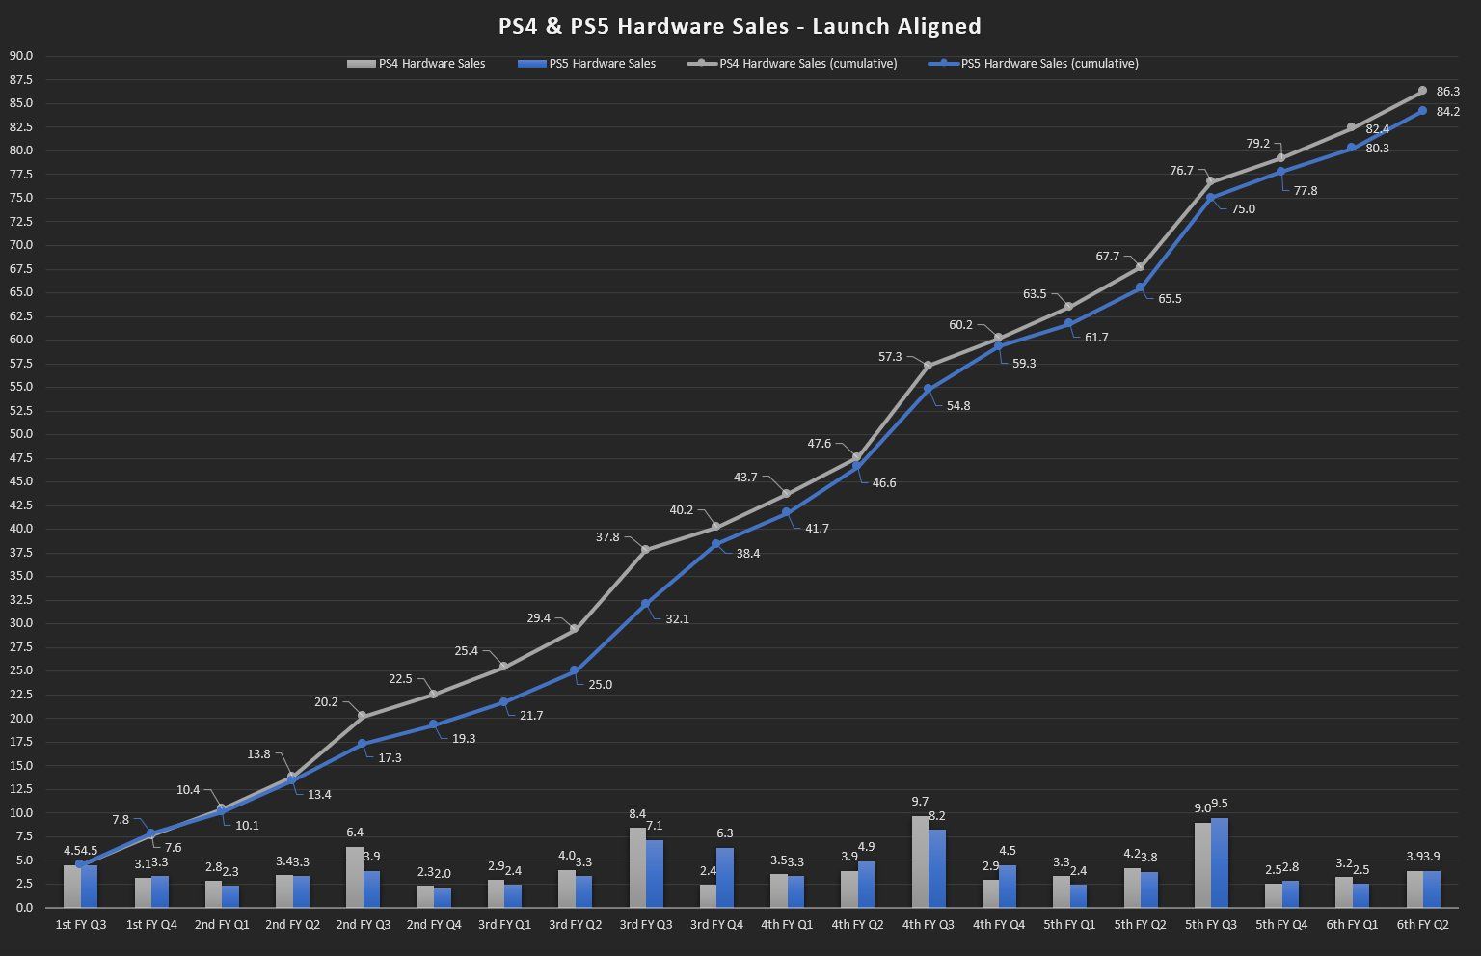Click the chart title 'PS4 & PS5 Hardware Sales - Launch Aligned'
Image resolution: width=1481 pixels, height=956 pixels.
[x=740, y=26]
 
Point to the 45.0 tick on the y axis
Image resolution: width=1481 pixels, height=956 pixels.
[x=20, y=481]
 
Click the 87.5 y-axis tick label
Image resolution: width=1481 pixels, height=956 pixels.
[x=20, y=79]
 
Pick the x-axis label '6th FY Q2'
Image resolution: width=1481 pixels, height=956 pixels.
[x=1422, y=925]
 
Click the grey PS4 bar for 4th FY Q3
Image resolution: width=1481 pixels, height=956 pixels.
[x=920, y=861]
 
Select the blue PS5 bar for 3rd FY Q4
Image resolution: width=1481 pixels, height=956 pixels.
[x=724, y=877]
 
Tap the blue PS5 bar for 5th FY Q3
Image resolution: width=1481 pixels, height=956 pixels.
[x=1220, y=862]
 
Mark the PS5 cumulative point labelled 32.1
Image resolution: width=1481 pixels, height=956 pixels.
[x=645, y=604]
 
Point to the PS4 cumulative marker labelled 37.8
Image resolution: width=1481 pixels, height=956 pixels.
[x=645, y=550]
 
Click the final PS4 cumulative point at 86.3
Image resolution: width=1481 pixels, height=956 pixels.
[x=1422, y=91]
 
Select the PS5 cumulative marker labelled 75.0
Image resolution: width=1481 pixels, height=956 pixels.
[x=1210, y=198]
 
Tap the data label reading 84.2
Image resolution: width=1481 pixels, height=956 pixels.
[x=1447, y=112]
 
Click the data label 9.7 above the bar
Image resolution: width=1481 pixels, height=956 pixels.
[x=919, y=802]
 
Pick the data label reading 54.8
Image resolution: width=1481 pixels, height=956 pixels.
[x=958, y=406]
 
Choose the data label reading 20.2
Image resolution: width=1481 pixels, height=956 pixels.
[x=326, y=702]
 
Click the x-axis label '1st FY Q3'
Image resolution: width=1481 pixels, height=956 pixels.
[x=81, y=925]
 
